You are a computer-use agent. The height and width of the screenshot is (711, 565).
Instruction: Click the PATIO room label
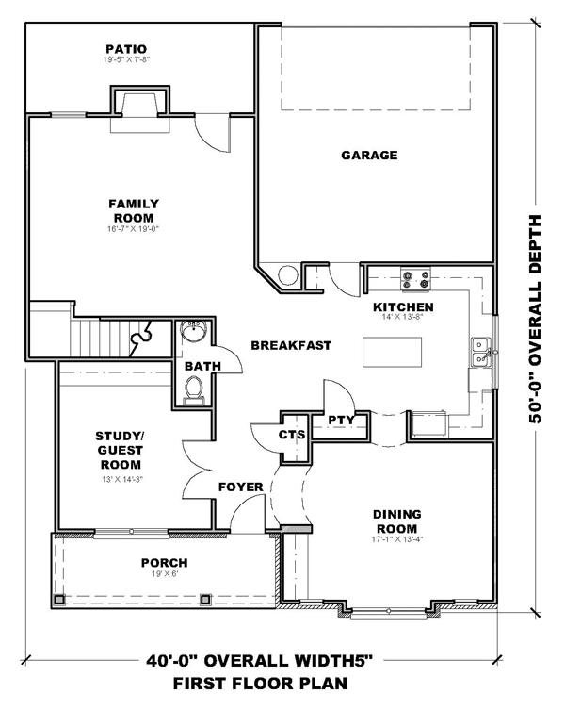126,48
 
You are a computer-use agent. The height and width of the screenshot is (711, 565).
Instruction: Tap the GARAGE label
369,155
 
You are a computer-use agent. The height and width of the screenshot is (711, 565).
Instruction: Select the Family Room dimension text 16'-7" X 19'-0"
133,229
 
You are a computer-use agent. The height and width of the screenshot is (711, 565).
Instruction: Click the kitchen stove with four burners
415,279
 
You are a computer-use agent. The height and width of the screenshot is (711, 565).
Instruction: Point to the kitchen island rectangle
392,352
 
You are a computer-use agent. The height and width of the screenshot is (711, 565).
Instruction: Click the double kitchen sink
480,352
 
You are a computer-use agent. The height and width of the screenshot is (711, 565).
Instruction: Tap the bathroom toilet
194,390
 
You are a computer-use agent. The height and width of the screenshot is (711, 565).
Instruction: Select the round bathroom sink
195,330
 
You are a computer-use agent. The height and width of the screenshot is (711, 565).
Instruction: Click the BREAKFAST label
291,345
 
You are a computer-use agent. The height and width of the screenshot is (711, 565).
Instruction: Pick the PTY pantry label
341,421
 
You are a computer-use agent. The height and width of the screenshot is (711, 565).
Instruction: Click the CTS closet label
292,435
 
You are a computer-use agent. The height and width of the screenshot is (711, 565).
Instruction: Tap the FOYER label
241,487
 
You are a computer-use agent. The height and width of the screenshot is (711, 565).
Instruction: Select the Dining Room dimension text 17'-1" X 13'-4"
396,539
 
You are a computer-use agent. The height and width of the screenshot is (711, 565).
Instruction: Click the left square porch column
58,599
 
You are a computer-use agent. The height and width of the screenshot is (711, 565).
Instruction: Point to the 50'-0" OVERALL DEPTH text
535,319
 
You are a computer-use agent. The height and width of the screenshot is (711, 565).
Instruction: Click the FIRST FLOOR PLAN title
260,683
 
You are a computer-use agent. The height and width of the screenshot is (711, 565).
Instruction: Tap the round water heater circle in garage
288,274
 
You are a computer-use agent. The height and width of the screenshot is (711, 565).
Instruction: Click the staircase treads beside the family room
100,338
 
